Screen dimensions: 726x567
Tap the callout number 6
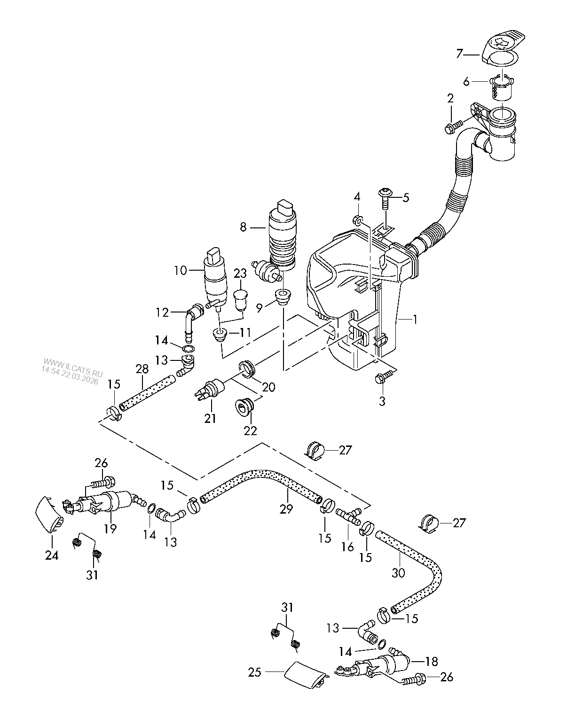coord(466,82)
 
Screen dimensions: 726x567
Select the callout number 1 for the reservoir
coord(415,320)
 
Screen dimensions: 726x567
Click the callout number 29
coord(286,509)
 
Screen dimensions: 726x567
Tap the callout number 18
coord(431,662)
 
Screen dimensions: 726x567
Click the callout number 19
coord(110,529)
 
